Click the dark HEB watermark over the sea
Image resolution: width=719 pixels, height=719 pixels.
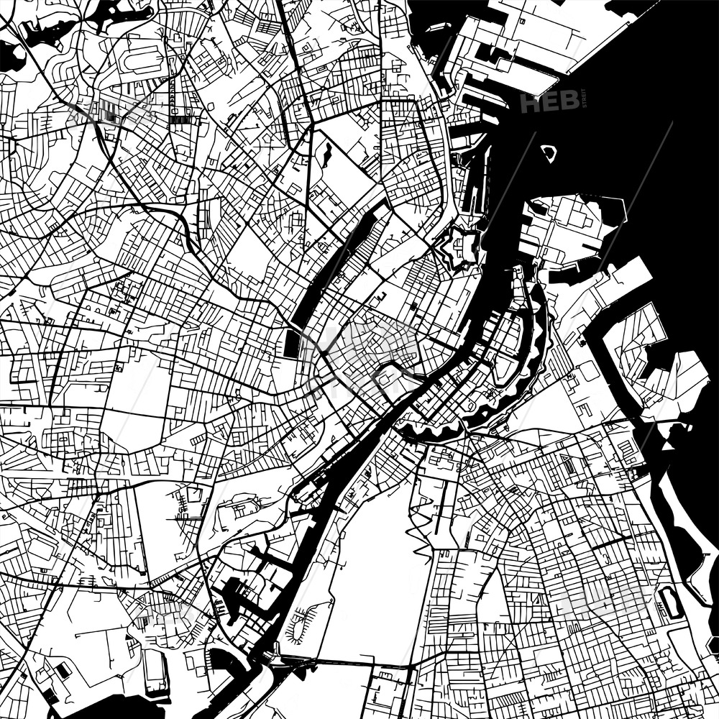(549, 103)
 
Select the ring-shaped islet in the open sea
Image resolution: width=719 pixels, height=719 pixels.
(549, 152)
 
